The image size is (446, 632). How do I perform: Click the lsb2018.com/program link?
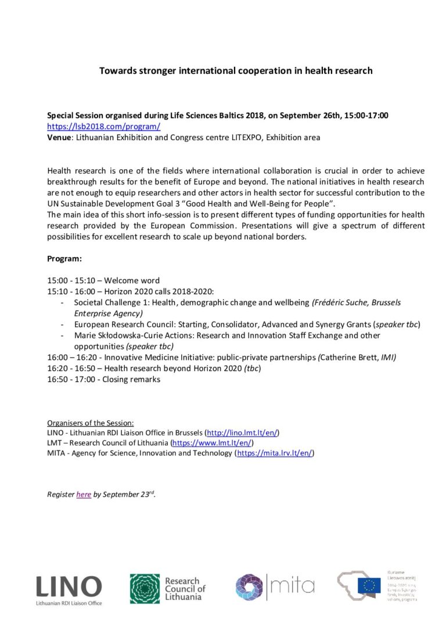[103, 126]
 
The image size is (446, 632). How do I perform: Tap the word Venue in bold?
[59, 137]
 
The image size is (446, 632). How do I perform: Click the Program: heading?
[64, 259]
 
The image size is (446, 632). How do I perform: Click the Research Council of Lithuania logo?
[167, 588]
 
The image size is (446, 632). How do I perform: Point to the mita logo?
[275, 584]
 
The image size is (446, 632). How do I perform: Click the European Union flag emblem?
[369, 585]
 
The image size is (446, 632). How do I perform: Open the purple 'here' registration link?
[84, 494]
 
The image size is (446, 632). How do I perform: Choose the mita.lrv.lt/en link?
[276, 452]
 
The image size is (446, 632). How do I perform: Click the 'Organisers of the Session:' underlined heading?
[90, 423]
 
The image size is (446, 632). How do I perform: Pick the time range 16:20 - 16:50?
[68, 369]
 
